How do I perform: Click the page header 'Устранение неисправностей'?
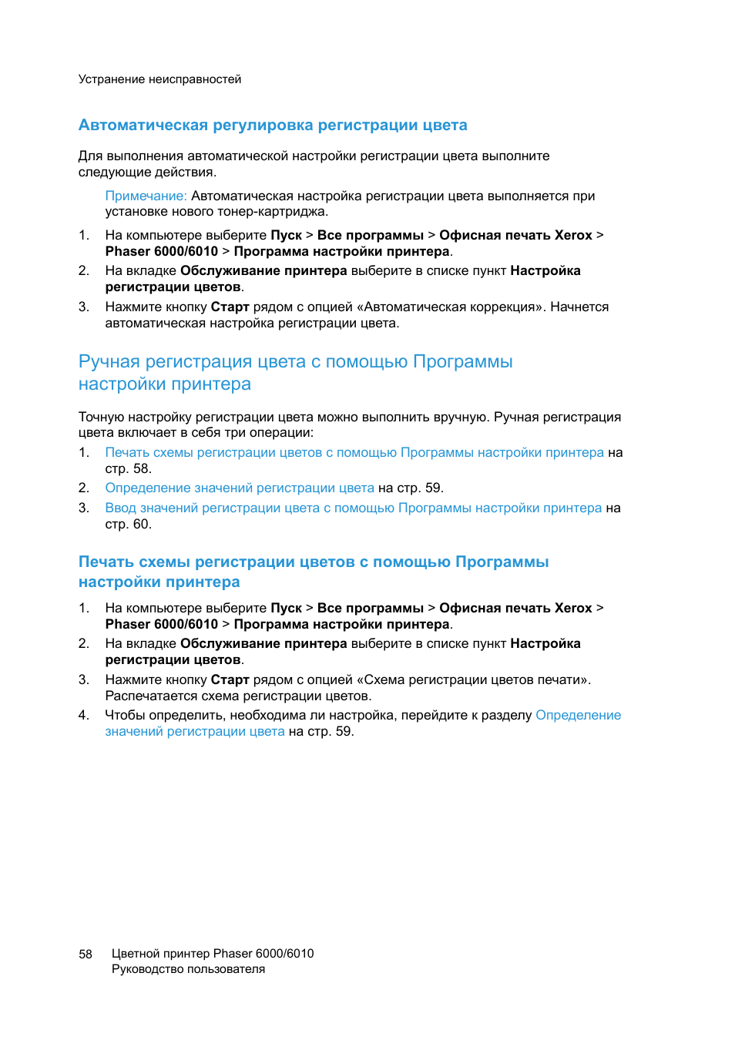point(159,79)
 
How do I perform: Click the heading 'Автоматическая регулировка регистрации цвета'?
point(273,126)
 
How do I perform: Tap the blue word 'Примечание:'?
point(146,196)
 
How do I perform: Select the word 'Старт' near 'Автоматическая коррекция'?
point(230,307)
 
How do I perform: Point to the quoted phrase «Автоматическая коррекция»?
point(451,307)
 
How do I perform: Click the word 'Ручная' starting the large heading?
point(109,362)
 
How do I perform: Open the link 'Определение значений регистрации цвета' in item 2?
point(240,488)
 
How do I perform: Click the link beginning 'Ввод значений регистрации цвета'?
point(353,508)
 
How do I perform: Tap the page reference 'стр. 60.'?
point(128,525)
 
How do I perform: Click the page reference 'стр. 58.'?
point(128,469)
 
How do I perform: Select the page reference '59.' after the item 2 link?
point(435,488)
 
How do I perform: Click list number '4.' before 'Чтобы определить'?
point(84,716)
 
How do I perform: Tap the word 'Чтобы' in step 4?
point(125,716)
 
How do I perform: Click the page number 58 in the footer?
point(86,954)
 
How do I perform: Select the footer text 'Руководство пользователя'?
point(188,970)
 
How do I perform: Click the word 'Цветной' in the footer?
point(135,954)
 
